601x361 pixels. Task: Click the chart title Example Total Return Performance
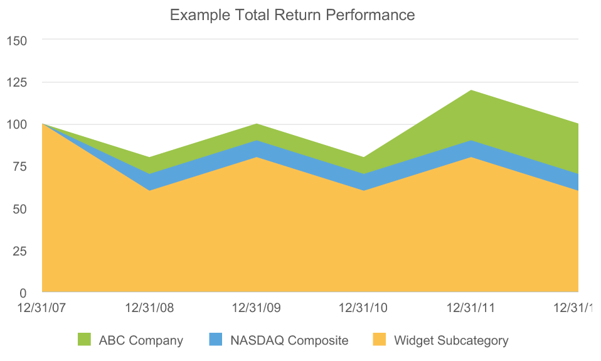(x=292, y=14)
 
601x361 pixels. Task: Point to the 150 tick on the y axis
(x=16, y=40)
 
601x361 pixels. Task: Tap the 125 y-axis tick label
(x=16, y=82)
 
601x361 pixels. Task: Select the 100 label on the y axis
(x=16, y=124)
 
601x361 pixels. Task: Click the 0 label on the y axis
(x=23, y=293)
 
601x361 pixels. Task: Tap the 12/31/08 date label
(x=149, y=308)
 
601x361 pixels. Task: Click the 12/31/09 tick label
(x=257, y=308)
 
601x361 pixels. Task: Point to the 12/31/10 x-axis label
(x=363, y=308)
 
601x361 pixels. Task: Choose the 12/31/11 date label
(x=471, y=308)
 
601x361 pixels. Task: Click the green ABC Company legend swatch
(x=85, y=340)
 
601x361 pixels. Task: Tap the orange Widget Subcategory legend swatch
(x=380, y=340)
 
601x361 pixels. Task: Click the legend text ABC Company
(x=141, y=341)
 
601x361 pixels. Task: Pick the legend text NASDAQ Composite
(x=289, y=341)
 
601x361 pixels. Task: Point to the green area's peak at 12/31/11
(x=471, y=92)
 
